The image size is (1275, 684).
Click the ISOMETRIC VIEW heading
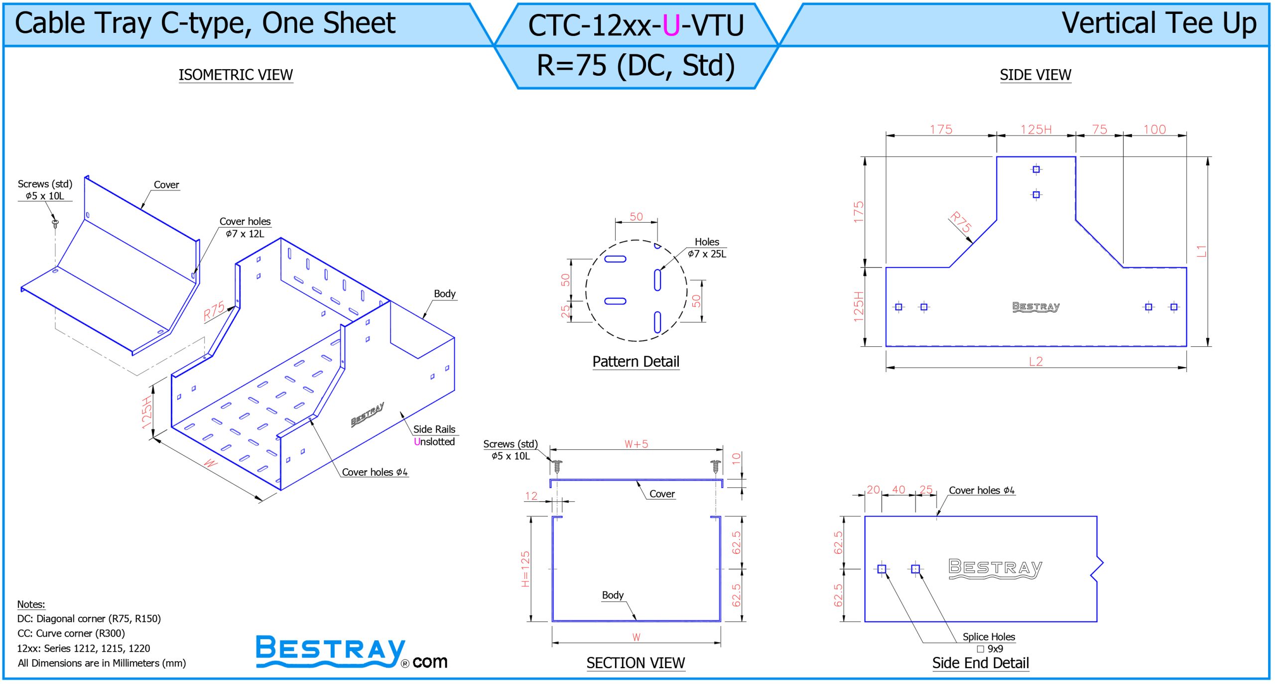tap(236, 75)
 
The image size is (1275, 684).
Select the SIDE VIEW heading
tap(1035, 75)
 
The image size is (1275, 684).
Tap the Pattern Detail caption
tap(636, 362)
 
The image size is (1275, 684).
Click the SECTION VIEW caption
tap(636, 663)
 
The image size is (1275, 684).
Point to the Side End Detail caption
tap(980, 663)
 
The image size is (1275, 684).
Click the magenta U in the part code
tap(671, 25)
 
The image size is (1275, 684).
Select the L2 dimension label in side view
tap(1036, 361)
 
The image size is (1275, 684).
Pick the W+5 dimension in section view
tap(636, 444)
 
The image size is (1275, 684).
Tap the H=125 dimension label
tap(525, 569)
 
